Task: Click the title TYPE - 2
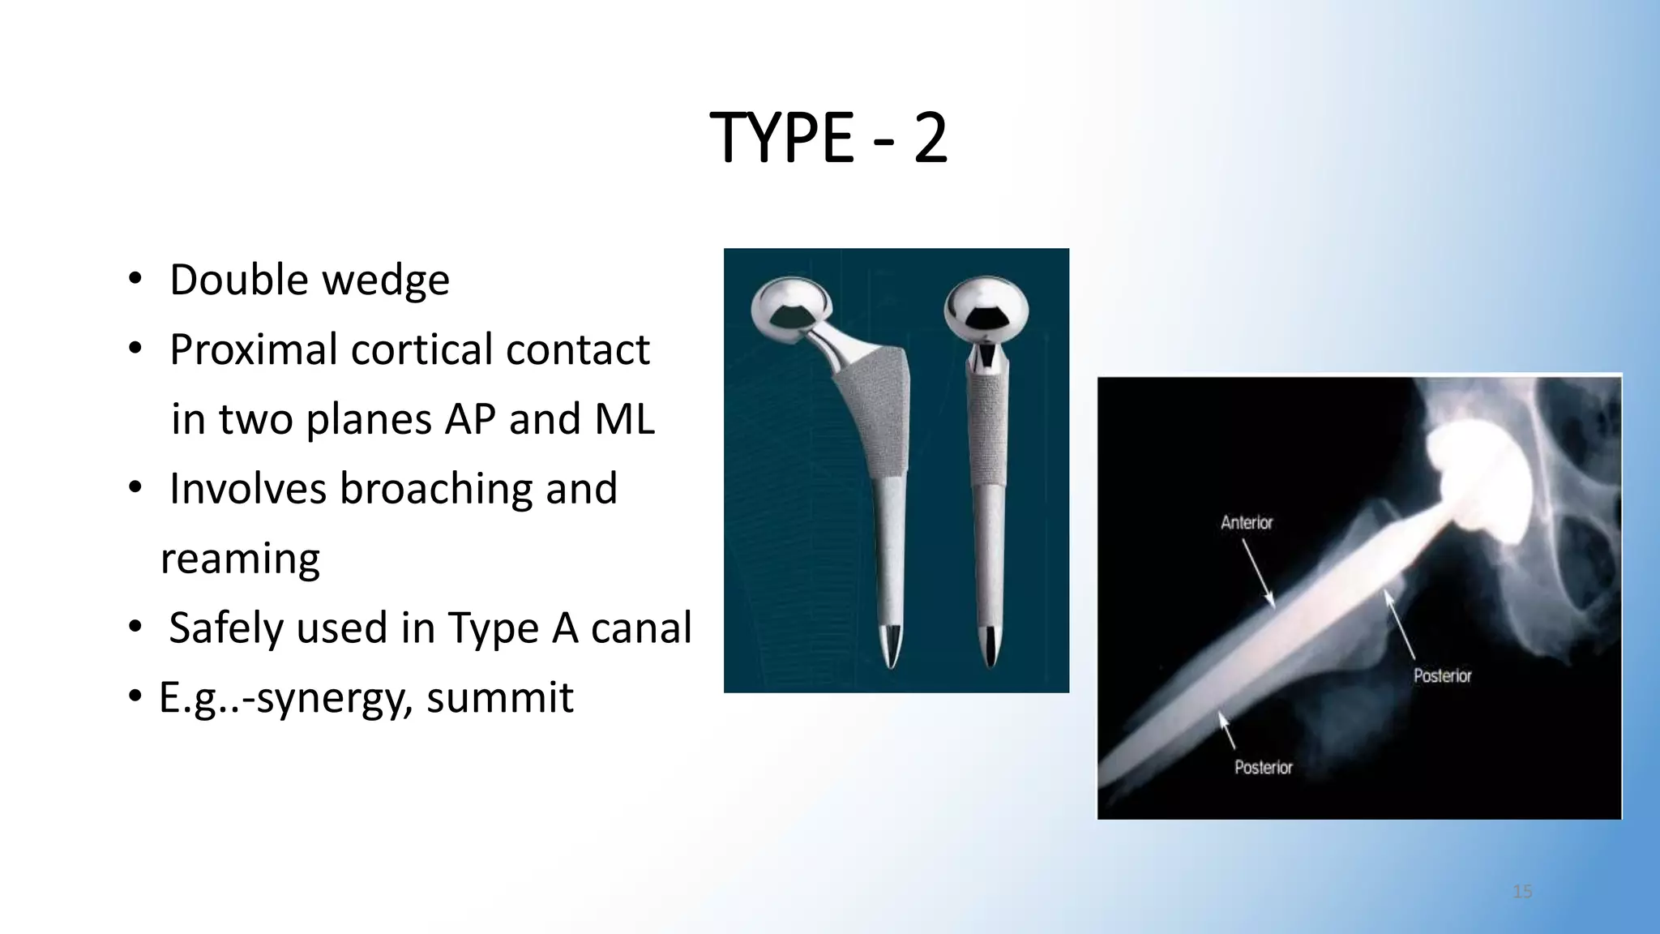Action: [x=828, y=138]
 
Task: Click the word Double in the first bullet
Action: [x=239, y=281]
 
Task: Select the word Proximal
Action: [x=253, y=350]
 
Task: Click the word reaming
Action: [x=241, y=559]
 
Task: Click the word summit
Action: [x=500, y=698]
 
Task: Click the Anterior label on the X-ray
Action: [x=1247, y=523]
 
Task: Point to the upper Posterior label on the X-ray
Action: [x=1442, y=675]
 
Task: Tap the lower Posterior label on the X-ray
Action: [x=1263, y=767]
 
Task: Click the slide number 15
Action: [x=1522, y=892]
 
